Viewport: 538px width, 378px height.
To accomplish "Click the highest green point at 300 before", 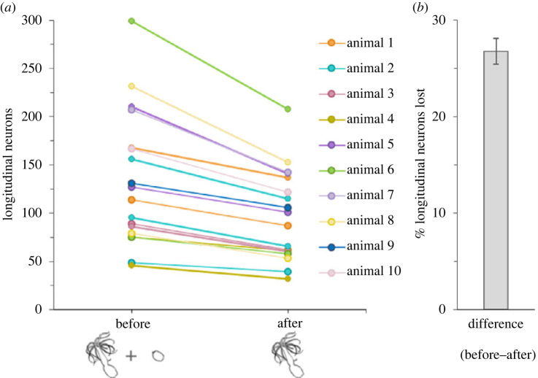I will tap(131, 20).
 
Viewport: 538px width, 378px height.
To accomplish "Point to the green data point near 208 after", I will tap(288, 109).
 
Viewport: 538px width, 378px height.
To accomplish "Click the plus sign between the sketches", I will tap(131, 357).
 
